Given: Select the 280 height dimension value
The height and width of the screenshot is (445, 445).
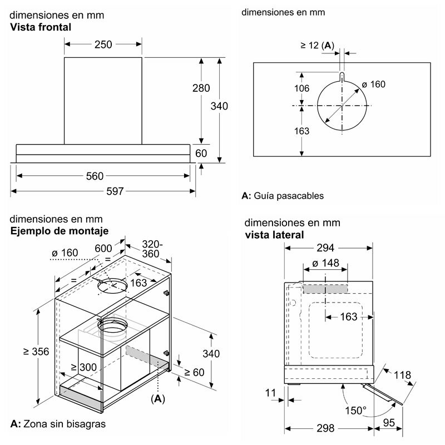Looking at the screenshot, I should point(201,88).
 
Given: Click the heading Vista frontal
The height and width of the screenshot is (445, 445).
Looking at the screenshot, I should point(41,27).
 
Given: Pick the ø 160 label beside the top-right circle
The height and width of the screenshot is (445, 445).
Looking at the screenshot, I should point(373,84).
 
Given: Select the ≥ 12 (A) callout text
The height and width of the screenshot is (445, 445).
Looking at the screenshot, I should point(319,46).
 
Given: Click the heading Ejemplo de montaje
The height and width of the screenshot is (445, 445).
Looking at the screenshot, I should point(60,231).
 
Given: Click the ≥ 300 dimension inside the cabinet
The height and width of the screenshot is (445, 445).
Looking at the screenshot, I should point(84,367).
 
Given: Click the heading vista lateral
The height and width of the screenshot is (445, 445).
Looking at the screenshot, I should point(274,235).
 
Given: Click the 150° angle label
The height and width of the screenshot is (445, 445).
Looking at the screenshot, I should point(357,411).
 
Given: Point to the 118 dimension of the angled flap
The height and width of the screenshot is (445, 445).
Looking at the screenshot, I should point(403,374).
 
